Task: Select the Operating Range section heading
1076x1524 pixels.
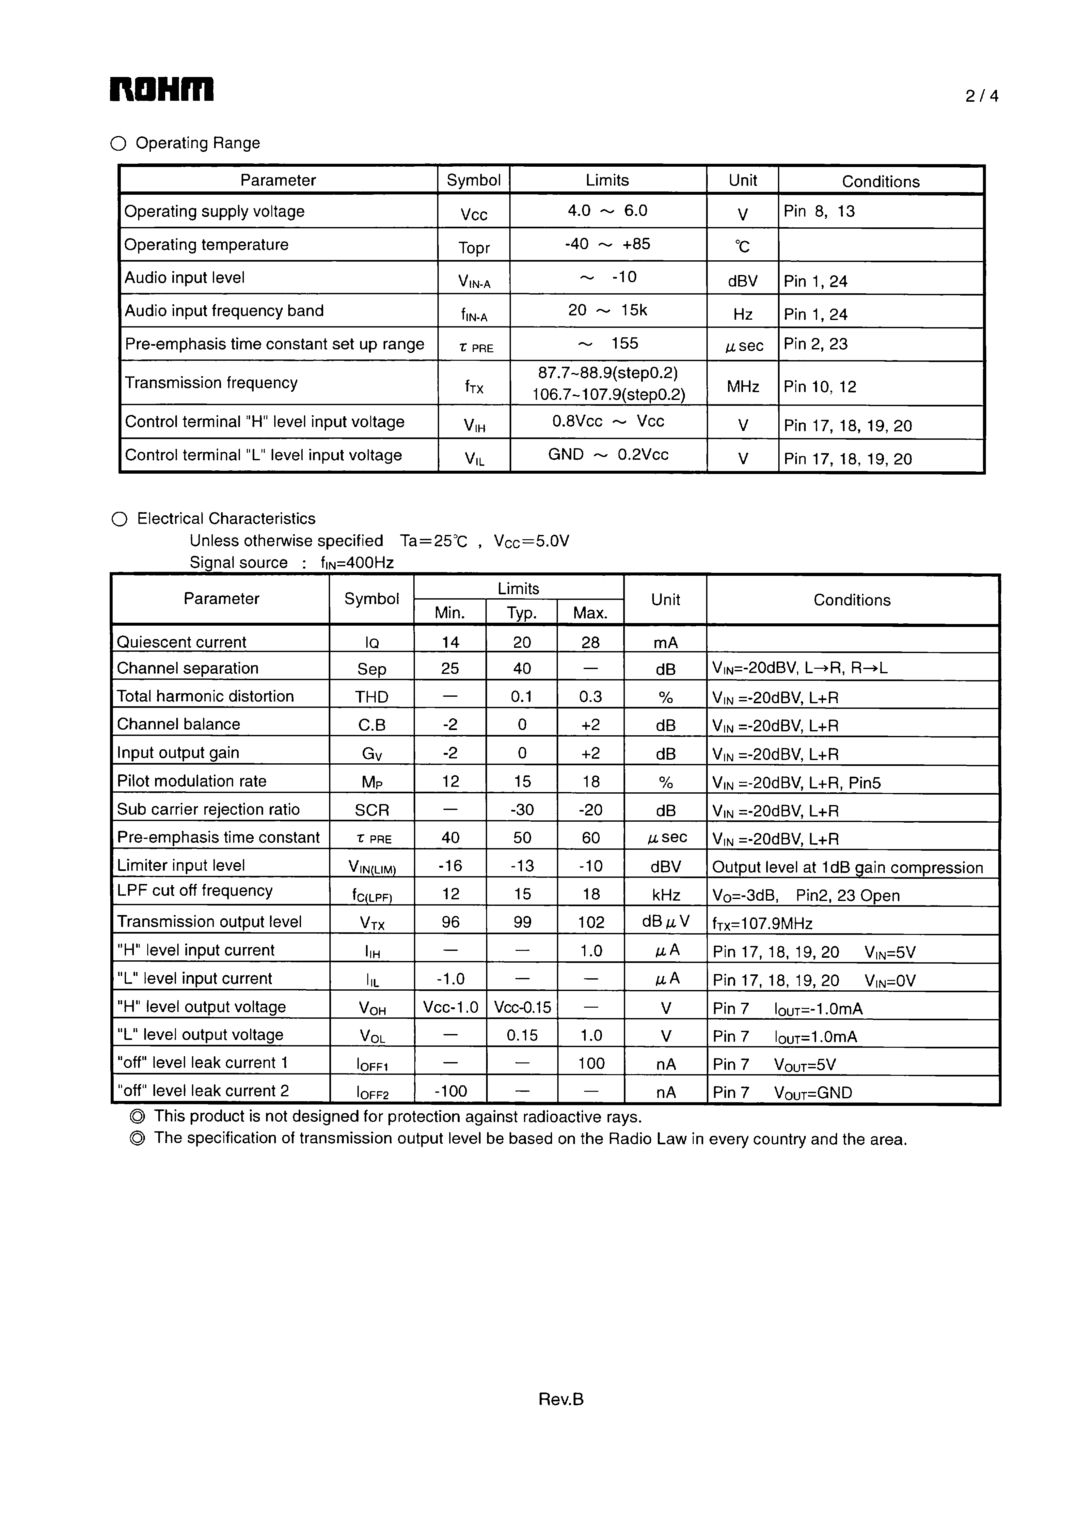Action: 197,144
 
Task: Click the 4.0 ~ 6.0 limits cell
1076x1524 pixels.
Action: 607,211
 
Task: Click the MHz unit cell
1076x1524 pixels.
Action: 743,386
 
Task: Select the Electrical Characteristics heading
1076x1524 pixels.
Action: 226,519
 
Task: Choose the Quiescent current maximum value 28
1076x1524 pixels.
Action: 590,642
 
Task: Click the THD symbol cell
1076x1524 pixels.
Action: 371,697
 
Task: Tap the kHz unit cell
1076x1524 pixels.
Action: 666,895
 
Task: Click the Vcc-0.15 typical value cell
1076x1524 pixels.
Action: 522,1008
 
